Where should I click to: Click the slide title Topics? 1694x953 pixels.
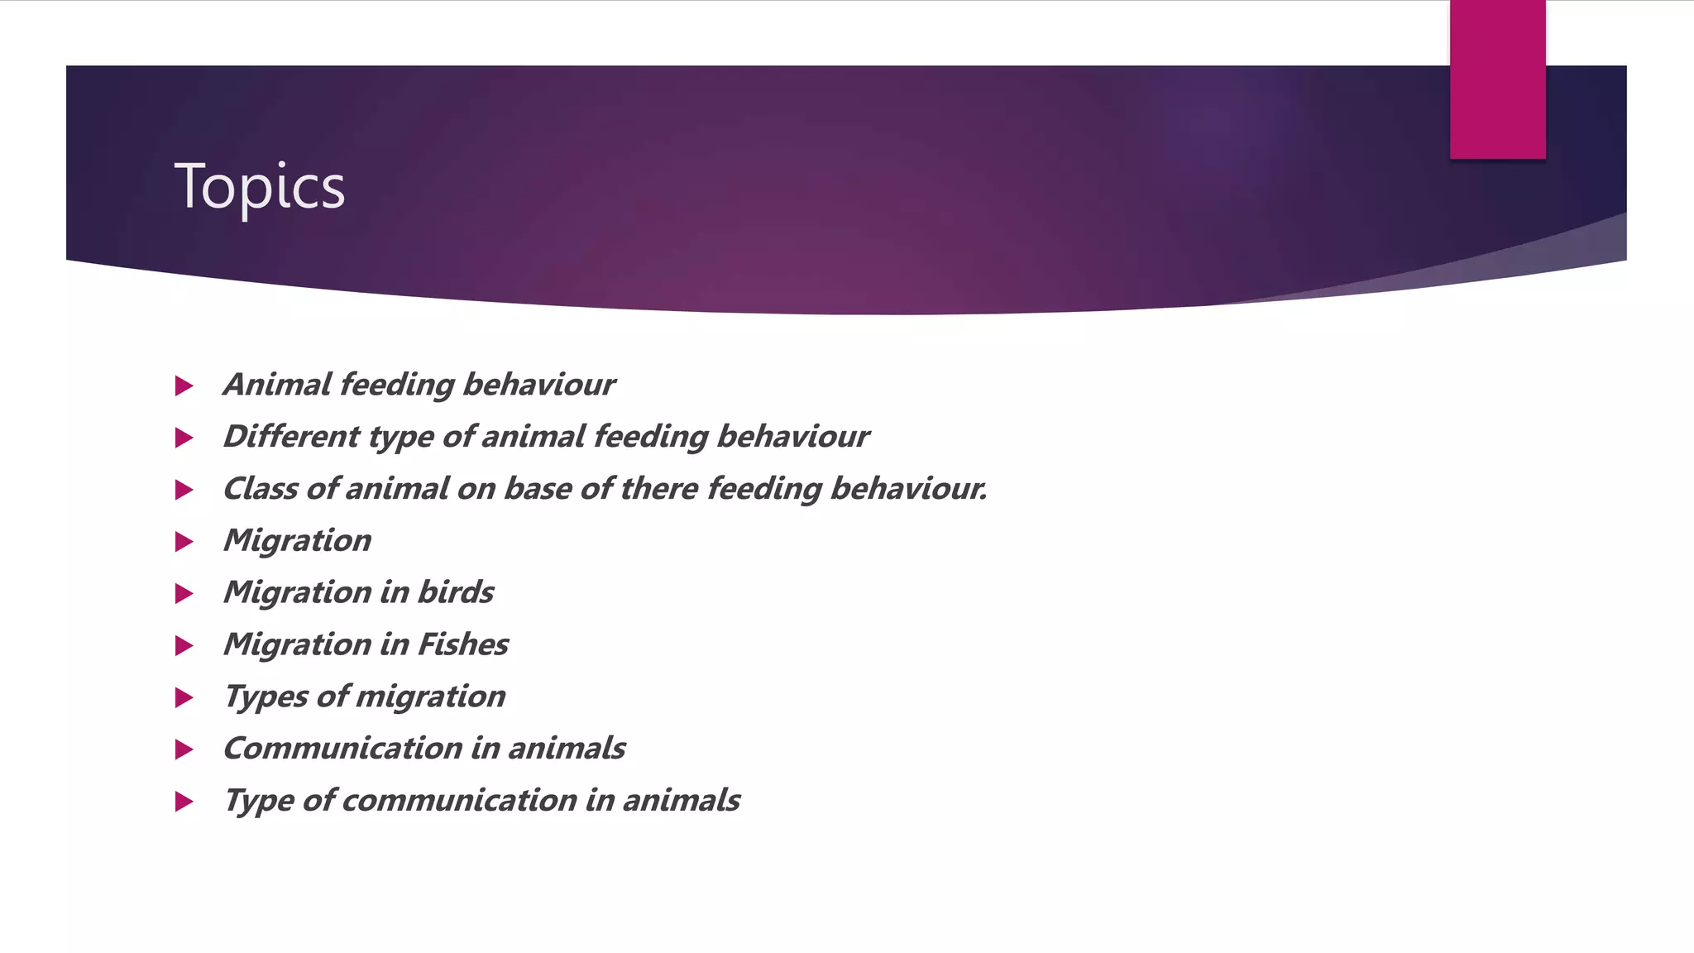click(x=259, y=187)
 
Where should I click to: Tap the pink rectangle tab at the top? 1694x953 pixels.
click(x=1497, y=79)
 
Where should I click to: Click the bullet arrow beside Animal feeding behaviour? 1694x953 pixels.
click(x=184, y=386)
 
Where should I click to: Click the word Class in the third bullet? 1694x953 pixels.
click(x=261, y=488)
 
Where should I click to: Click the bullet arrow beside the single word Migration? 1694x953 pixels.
click(x=184, y=542)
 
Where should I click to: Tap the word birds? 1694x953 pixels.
click(x=456, y=592)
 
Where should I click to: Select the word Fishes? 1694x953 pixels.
click(x=463, y=644)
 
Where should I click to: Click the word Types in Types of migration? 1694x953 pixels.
click(x=266, y=697)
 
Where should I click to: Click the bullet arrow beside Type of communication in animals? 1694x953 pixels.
click(x=184, y=802)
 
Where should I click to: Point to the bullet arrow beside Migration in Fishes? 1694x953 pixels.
click(x=184, y=646)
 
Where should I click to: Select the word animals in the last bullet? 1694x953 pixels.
click(x=681, y=801)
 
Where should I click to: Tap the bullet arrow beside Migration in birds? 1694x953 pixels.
click(x=184, y=594)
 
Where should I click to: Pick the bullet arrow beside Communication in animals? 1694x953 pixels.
click(x=184, y=750)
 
